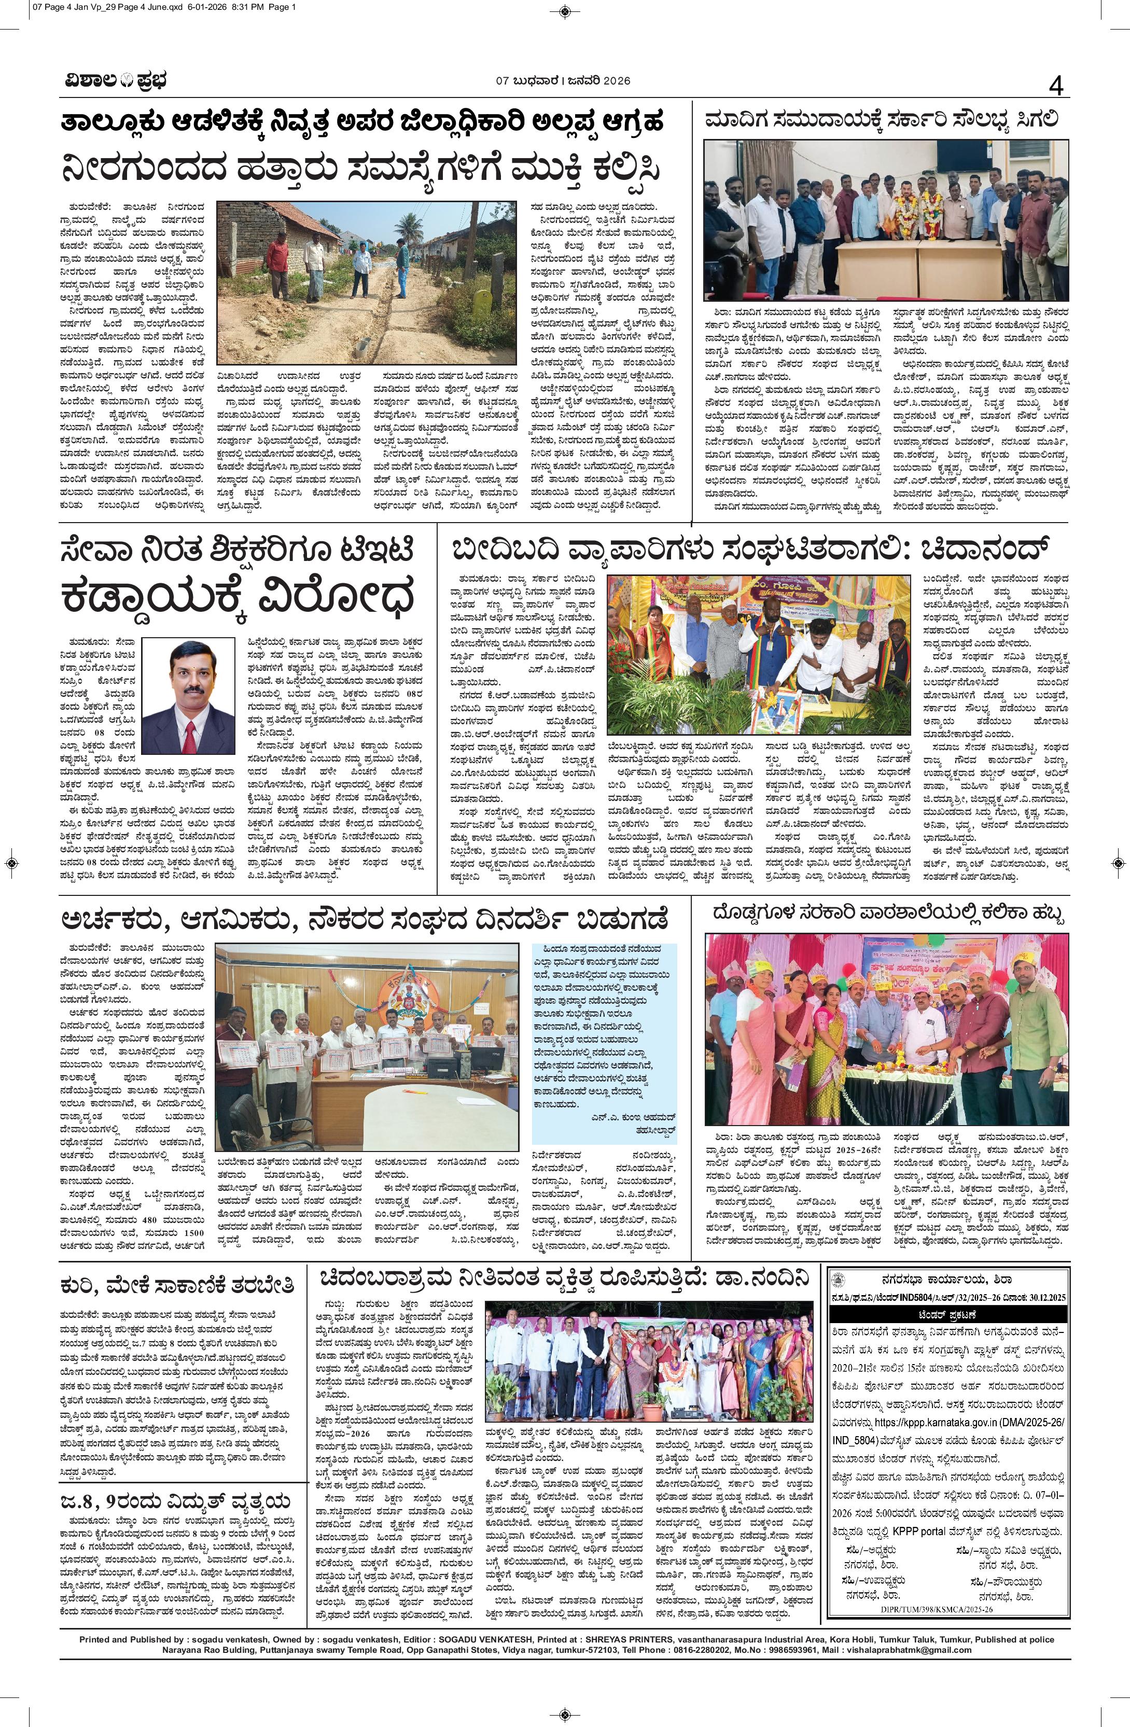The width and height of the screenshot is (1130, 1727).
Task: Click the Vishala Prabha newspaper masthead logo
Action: pyautogui.click(x=113, y=80)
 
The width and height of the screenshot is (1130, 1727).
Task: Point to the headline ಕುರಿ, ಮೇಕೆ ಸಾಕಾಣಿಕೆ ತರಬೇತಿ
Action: pyautogui.click(x=178, y=1286)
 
